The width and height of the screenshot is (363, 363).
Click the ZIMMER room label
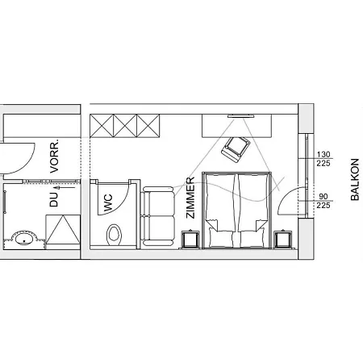pos(190,198)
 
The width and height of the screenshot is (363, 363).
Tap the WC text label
pos(108,202)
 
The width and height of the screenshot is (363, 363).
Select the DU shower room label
pos(54,199)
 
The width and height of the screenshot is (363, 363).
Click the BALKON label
pos(355,179)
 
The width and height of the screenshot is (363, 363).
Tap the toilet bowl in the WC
pos(114,235)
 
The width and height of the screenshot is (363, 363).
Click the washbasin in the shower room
pos(24,239)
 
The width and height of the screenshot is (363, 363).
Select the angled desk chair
pos(236,149)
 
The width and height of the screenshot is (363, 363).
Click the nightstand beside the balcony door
pos(282,239)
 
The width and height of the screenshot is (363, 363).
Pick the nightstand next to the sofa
pos(190,239)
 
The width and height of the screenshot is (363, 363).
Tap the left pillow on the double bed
pos(221,238)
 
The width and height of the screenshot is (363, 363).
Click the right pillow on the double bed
pos(252,238)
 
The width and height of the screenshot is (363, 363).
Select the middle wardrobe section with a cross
pos(125,126)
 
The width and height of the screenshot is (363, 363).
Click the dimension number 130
pos(323,155)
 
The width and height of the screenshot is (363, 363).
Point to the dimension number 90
pos(323,197)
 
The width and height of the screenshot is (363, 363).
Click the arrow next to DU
pos(65,187)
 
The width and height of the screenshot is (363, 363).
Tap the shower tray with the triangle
pos(63,229)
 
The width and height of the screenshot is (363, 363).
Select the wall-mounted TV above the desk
pos(240,116)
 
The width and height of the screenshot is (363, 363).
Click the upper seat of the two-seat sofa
pos(158,201)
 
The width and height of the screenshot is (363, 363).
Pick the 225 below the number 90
pos(323,206)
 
